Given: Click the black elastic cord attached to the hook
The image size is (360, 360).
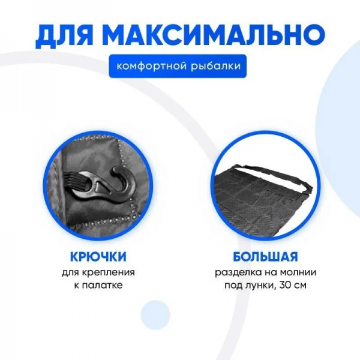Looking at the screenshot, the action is [73, 184].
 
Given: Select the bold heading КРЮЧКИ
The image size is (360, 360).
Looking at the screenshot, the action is [98, 257].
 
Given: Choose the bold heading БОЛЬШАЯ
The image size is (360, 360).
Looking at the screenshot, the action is [265, 257].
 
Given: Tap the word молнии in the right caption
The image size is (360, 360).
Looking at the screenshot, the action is [299, 273].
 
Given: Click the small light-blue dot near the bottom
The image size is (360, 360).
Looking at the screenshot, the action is [155, 314].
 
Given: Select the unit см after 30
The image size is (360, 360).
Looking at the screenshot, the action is [300, 286].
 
